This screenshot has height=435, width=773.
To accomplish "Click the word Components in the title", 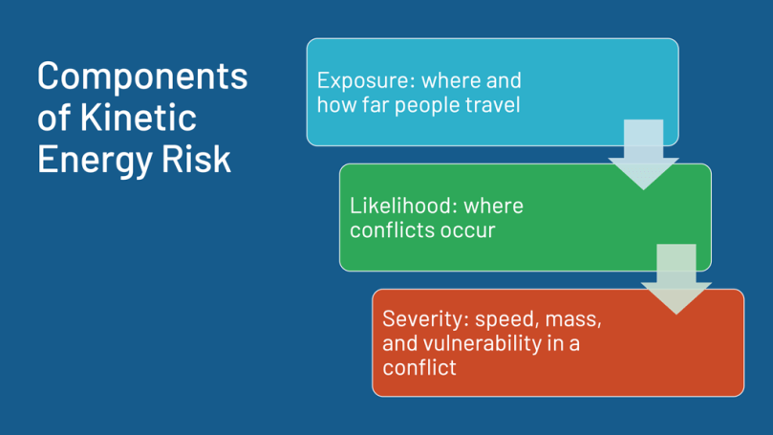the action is tap(142, 76).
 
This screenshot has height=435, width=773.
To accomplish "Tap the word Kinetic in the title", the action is tap(139, 118).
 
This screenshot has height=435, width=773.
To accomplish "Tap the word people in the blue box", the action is tap(427, 105).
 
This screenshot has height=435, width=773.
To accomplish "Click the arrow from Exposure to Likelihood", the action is tap(643, 154).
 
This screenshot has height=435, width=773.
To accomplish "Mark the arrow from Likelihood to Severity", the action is tap(676, 279).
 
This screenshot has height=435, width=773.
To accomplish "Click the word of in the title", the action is tap(54, 118).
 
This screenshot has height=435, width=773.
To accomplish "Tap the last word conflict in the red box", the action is tap(419, 367).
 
